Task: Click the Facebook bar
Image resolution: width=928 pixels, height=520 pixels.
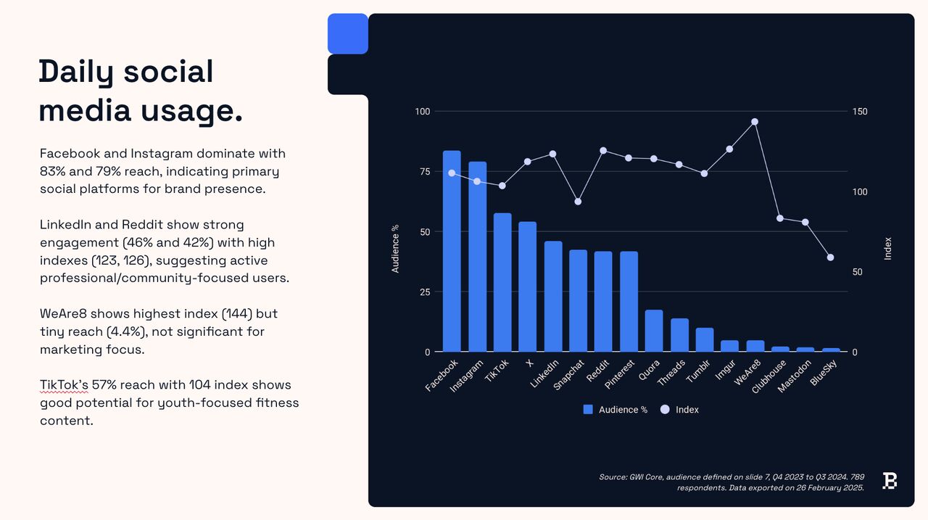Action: point(452,251)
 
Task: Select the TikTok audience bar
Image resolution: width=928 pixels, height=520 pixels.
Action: point(502,282)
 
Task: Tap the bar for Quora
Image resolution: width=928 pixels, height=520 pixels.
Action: point(654,331)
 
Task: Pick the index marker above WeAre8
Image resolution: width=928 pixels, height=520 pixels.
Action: point(755,122)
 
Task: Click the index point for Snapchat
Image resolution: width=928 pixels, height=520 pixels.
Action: point(578,202)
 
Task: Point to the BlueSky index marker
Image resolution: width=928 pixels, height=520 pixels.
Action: point(830,257)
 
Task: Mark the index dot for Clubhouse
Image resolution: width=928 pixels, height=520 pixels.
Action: point(779,218)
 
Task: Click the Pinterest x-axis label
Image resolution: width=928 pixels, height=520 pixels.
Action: point(620,374)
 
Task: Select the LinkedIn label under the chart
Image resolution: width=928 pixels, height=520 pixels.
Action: point(544,374)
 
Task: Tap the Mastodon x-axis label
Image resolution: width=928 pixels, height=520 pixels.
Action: point(794,376)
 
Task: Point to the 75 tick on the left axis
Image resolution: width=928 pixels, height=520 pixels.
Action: point(425,172)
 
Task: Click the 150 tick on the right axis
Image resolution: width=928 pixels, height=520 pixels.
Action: point(860,112)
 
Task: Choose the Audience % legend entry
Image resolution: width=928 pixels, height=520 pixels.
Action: point(616,409)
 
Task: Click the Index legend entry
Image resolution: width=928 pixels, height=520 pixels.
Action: point(679,409)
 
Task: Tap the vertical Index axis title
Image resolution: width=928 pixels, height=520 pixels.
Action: point(887,249)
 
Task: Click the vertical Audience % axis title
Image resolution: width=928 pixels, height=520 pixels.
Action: point(395,249)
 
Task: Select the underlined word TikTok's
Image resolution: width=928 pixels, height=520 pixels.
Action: point(64,385)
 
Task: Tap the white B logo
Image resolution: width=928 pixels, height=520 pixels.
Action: point(890,481)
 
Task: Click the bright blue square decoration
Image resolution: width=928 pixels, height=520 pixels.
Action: point(347,33)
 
